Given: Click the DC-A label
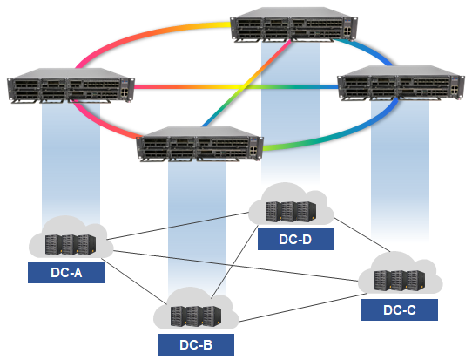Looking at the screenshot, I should pyautogui.click(x=66, y=273).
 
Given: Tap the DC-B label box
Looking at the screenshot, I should pyautogui.click(x=195, y=343).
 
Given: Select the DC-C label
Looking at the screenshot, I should pyautogui.click(x=398, y=309).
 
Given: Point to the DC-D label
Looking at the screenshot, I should pyautogui.click(x=296, y=239).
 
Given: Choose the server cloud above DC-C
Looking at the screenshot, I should pyautogui.click(x=398, y=275).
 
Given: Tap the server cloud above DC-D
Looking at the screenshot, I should pyautogui.click(x=292, y=207).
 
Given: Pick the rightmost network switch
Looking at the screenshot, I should pyautogui.click(x=401, y=85).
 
